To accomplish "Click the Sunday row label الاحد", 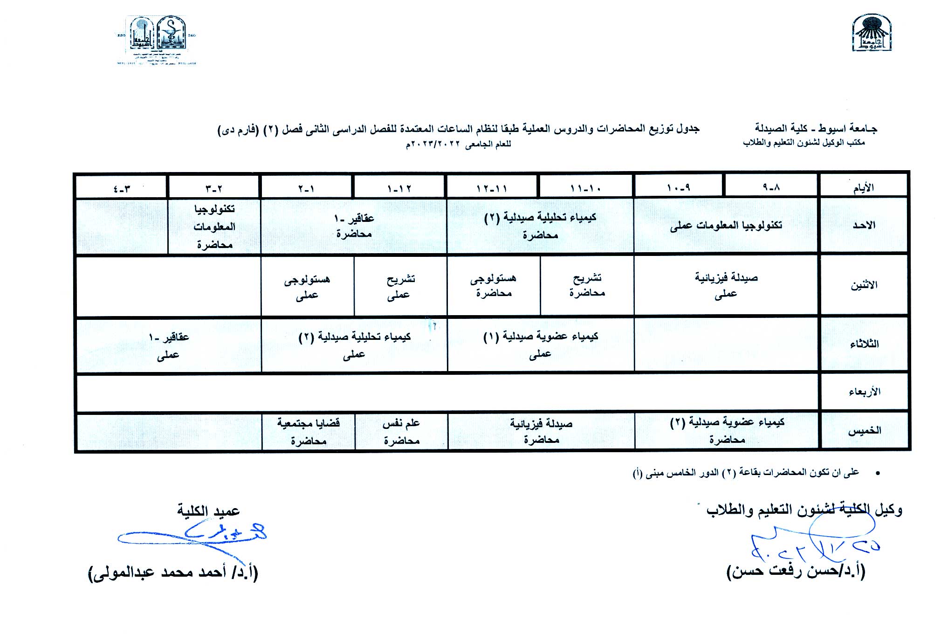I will [864, 225].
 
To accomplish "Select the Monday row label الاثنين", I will [864, 285].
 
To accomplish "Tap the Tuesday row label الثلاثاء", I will [864, 344].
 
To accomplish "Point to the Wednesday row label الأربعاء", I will [864, 392].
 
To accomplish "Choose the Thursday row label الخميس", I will [864, 431].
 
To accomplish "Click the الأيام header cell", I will [863, 187].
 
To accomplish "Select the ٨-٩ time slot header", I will [771, 187].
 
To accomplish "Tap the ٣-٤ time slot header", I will [122, 188].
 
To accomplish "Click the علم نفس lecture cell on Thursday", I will [401, 431].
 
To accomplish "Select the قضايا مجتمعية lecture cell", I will [308, 431].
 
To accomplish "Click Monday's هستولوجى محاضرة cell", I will [494, 285].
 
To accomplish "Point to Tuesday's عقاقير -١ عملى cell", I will [168, 345].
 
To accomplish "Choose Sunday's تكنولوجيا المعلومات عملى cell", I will [726, 226].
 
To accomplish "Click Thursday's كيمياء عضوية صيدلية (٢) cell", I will [727, 430].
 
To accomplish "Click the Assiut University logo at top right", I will [872, 33].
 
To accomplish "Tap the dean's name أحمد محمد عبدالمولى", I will [173, 572].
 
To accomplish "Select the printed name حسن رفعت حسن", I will [796, 571].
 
